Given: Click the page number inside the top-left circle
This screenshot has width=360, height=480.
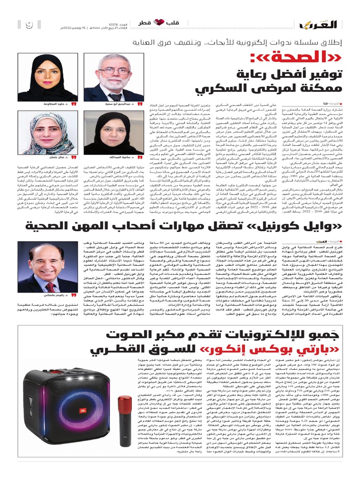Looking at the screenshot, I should pyautogui.click(x=28, y=24).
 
